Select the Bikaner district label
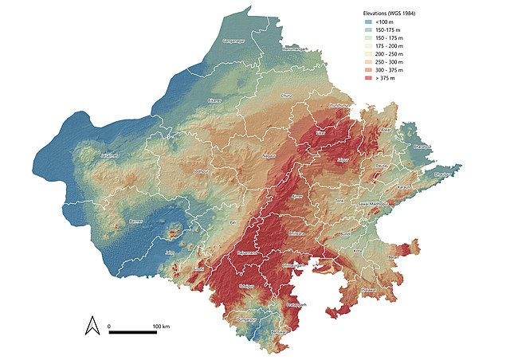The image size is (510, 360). (213, 101)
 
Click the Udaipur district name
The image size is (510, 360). (247, 284)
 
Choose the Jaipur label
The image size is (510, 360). (344, 160)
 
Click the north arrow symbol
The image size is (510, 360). (92, 325)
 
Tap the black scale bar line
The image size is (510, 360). (132, 331)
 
